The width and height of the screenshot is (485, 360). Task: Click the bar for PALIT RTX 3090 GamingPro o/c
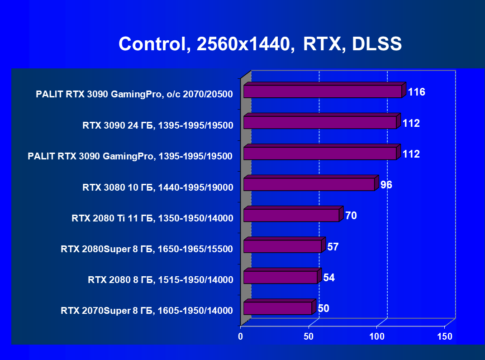[x=322, y=91]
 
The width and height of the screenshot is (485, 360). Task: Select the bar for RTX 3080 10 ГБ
[x=309, y=184]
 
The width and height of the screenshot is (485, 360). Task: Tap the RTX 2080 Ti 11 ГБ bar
[x=291, y=215]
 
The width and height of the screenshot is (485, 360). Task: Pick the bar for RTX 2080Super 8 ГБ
[x=282, y=246]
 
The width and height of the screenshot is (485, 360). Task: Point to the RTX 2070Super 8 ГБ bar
[x=277, y=308]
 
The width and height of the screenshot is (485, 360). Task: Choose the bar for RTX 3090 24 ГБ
[x=319, y=122]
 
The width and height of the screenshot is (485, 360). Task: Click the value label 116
[x=416, y=92]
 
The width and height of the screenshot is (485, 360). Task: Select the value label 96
[x=386, y=185]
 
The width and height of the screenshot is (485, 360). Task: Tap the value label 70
[x=351, y=216]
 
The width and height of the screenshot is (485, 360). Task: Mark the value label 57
[x=333, y=247]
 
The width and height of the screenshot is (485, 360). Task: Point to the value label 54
[x=329, y=278]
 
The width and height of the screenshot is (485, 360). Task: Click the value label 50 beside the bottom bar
[x=323, y=308]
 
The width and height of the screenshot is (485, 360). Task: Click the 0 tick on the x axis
[x=241, y=336]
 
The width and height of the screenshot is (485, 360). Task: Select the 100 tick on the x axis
[x=377, y=336]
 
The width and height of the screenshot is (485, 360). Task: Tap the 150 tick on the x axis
[x=445, y=336]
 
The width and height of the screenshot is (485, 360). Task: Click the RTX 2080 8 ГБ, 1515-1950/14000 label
[x=161, y=279]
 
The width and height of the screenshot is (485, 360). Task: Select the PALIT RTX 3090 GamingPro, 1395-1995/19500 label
[x=130, y=156]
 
